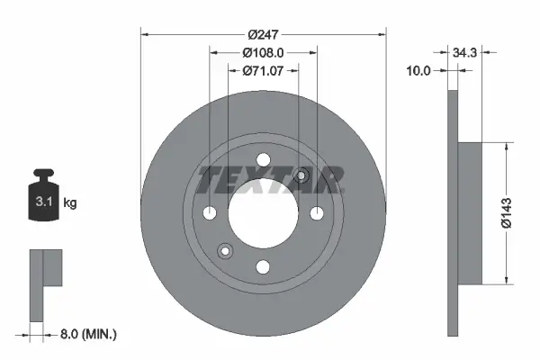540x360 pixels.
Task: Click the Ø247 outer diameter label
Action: [x=263, y=34]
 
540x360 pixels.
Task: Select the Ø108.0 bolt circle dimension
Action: [x=263, y=52]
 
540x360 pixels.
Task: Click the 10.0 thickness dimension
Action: [x=419, y=69]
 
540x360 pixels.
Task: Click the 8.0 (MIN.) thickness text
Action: [x=87, y=334]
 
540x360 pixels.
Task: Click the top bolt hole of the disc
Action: [x=263, y=161]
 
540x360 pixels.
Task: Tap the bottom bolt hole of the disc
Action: [x=263, y=266]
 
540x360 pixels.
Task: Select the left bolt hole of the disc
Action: [x=210, y=213]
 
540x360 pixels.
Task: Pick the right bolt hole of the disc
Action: [x=316, y=213]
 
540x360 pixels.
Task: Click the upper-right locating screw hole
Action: [x=301, y=176]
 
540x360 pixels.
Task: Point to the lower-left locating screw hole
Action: [x=225, y=251]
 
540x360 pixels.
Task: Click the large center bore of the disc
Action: [x=263, y=213]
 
